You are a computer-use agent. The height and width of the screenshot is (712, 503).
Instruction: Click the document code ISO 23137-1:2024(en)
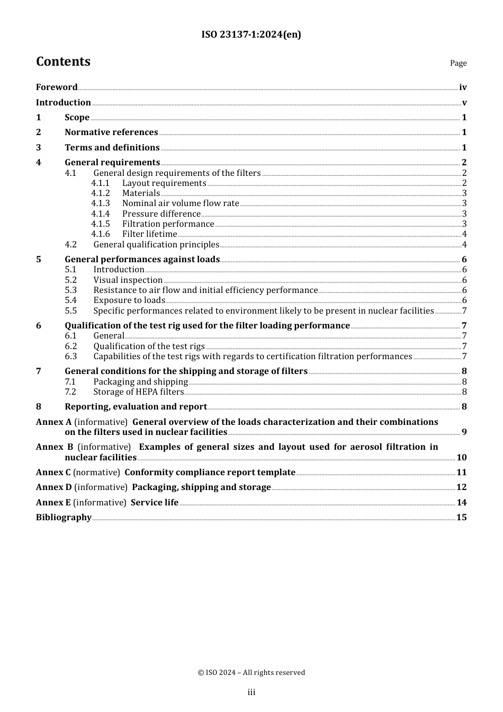[251, 35]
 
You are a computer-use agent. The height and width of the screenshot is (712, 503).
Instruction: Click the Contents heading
[63, 61]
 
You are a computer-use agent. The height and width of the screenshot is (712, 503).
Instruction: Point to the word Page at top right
[458, 63]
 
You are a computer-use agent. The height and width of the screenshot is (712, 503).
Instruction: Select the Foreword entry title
[57, 87]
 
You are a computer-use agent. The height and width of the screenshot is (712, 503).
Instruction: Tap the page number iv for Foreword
[463, 87]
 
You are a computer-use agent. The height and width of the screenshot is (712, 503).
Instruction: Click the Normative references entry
[111, 132]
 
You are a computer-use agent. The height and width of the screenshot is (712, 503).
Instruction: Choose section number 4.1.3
[100, 203]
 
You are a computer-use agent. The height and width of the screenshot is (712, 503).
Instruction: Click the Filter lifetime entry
[149, 234]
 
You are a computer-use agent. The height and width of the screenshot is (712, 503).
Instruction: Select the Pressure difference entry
[161, 214]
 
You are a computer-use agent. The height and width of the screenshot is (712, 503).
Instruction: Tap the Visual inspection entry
[128, 280]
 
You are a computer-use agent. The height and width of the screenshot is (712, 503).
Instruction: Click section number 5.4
[70, 300]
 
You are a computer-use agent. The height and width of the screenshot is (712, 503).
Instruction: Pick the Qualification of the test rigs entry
[149, 346]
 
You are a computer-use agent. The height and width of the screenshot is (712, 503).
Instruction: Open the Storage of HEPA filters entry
[138, 392]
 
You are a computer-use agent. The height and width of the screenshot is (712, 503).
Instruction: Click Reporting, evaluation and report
[136, 407]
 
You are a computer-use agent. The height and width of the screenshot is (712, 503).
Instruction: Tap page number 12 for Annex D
[462, 487]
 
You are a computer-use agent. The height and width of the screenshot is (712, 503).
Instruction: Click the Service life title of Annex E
[154, 503]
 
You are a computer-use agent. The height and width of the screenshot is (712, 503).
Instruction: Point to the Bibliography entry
[64, 518]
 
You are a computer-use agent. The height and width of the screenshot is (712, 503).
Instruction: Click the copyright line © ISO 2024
[251, 672]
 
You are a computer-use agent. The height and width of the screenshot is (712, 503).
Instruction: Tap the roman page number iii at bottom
[251, 692]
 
